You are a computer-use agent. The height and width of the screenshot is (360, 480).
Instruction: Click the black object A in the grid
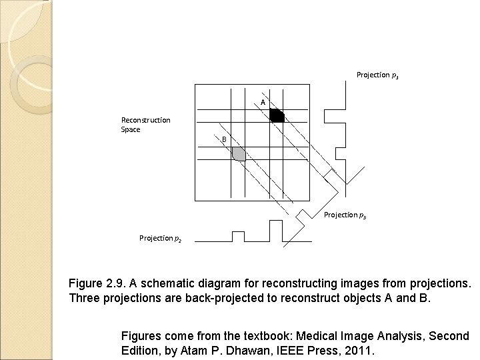(x=277, y=116)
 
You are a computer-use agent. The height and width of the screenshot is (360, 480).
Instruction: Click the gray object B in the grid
(x=239, y=154)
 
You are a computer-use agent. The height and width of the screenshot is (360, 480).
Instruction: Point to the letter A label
(x=263, y=103)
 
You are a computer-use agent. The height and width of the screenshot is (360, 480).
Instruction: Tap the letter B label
(x=225, y=139)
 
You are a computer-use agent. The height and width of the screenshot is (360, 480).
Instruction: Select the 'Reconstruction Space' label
(x=145, y=125)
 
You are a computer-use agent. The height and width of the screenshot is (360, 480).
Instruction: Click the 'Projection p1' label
(x=377, y=75)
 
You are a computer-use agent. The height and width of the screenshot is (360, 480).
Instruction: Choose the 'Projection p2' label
(x=160, y=238)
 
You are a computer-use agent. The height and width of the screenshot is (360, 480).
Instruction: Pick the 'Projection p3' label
(x=345, y=215)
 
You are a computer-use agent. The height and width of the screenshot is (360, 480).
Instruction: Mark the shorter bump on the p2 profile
(x=237, y=236)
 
